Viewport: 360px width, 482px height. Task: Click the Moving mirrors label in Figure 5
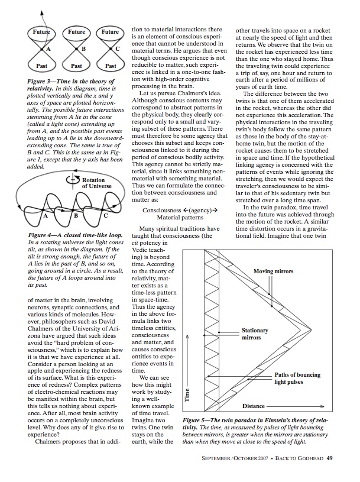pyautogui.click(x=273, y=271)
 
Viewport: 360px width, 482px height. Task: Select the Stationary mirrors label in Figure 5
pyautogui.click(x=255, y=334)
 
